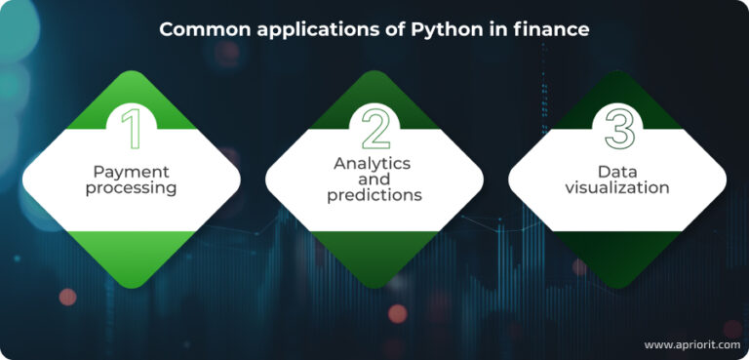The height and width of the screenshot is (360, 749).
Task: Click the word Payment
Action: [x=131, y=172]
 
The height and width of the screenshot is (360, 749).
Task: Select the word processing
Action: [x=131, y=187]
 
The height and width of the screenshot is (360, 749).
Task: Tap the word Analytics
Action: [x=373, y=163]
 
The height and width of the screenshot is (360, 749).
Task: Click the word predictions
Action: [x=374, y=195]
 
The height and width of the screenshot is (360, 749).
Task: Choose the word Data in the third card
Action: [x=617, y=172]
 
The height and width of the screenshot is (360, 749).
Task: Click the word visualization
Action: [x=617, y=187]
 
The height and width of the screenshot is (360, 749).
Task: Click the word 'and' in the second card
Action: [x=374, y=180]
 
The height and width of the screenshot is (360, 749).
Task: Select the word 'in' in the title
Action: [x=498, y=29]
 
